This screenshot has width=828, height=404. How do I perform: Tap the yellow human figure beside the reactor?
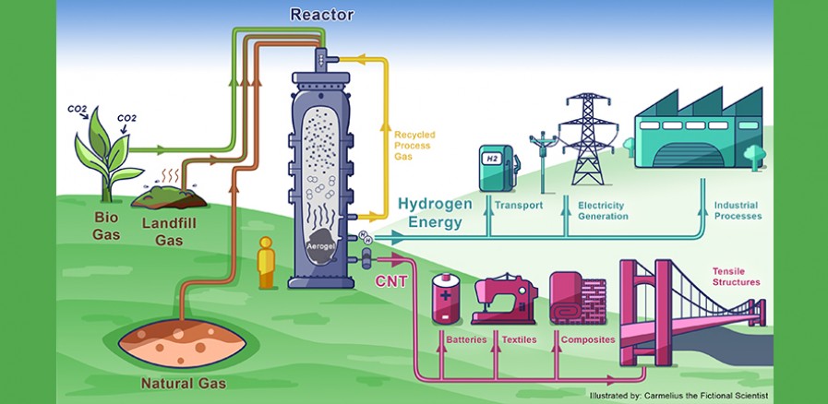tap(268, 263)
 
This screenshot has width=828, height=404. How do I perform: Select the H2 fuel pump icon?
tap(498, 167)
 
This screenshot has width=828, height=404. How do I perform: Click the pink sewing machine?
tap(503, 297)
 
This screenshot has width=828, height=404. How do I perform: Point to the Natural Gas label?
tap(183, 381)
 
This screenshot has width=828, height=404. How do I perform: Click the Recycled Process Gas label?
tap(414, 147)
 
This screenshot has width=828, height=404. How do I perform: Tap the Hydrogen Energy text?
tap(435, 213)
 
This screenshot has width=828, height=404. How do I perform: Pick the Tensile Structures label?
tap(735, 276)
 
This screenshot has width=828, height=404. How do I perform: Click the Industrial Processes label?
tap(738, 210)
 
